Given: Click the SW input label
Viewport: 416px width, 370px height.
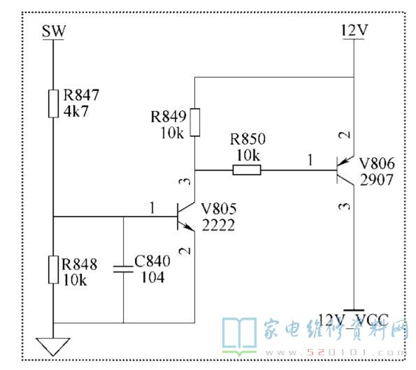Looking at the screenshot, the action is coord(54,31).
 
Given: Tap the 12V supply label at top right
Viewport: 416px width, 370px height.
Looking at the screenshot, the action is coord(354,30).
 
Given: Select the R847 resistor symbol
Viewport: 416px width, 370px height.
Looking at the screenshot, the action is coord(53,103).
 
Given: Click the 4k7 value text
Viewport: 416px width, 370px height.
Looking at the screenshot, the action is coord(76,111).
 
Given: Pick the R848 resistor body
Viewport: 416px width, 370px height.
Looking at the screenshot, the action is coord(53,269).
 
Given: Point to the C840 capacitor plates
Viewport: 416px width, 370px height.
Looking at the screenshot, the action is coord(123,269).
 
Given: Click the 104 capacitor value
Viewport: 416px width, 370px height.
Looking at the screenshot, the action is coord(152,277).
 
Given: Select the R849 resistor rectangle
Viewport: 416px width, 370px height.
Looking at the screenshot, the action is coord(195,122).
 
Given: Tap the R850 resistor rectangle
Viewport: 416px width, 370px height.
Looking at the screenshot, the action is coord(247,170).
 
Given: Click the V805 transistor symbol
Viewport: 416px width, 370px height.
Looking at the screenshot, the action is coord(186,216).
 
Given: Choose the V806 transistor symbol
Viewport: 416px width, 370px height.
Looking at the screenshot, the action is coord(345,170).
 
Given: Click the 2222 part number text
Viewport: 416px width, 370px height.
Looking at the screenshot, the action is coord(218,225).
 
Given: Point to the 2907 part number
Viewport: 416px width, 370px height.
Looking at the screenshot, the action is coord(376,180).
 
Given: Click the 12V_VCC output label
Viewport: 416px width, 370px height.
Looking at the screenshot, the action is coord(353,320).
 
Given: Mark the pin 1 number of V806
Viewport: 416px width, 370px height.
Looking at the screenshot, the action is coord(310,160).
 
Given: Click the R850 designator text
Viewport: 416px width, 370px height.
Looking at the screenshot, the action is coord(248,139).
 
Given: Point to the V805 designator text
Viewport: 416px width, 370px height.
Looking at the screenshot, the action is coord(219,209).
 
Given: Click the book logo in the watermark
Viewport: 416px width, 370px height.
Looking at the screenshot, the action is coord(239,336).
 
